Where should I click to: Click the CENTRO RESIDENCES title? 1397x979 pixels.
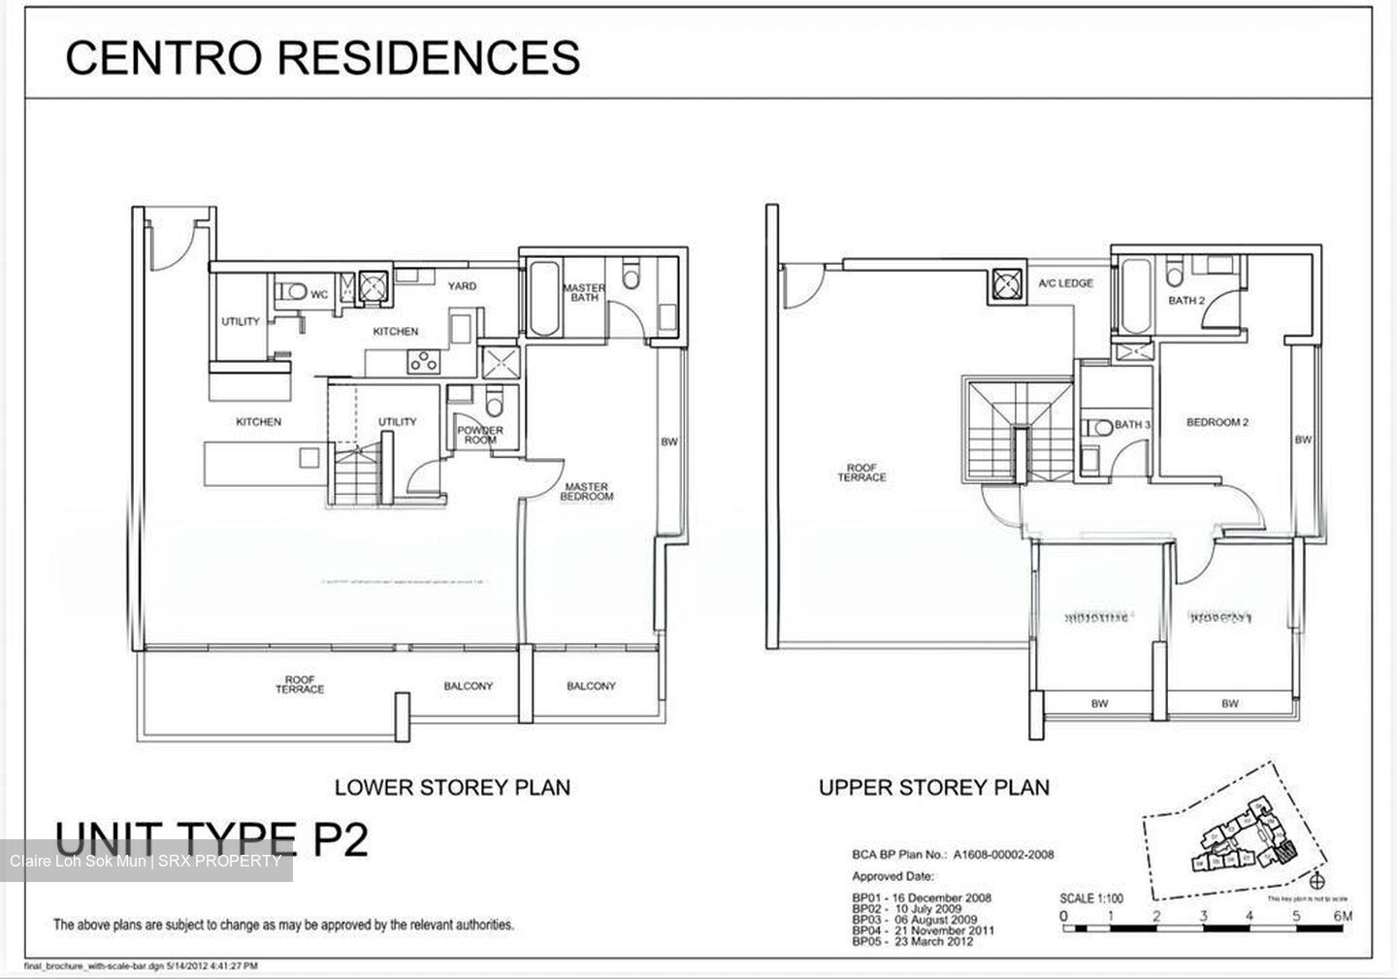322,57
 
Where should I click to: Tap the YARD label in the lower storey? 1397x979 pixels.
461,286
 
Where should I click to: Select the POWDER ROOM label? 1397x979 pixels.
480,435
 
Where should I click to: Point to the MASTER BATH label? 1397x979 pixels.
584,292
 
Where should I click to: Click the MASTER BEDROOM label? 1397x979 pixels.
586,492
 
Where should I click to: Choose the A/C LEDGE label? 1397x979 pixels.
1065,283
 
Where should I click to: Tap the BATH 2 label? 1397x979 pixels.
1186,301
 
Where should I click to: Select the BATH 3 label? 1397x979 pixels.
1132,425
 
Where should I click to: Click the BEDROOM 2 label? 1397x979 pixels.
1217,423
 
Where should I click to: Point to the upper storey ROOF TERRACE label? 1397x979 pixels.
861,473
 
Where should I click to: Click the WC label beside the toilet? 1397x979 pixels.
319,294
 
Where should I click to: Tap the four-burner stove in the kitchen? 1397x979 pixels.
422,362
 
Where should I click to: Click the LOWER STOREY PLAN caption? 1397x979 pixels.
452,788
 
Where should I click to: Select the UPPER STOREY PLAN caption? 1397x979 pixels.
933,788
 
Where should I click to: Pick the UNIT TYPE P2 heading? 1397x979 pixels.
211,839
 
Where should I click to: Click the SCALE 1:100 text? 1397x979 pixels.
1091,898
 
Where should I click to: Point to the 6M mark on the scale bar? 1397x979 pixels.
1343,916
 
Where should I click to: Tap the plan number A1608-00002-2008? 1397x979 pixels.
1003,855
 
